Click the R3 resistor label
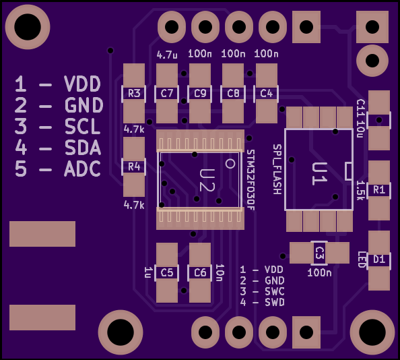(134, 94)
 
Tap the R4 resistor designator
(134, 167)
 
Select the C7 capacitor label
(167, 94)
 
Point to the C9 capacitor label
(200, 94)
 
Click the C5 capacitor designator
(167, 272)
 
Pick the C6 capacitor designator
(200, 272)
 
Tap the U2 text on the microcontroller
(207, 180)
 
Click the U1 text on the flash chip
(319, 173)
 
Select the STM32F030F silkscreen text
(251, 180)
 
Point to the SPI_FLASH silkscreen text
(277, 169)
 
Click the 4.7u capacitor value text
(167, 55)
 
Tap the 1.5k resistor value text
(360, 191)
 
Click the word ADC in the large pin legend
(82, 169)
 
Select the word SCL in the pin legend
(82, 126)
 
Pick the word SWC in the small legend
(275, 292)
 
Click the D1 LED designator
(379, 260)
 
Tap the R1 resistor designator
(379, 189)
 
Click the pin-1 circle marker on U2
(230, 164)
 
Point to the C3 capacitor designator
(319, 253)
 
